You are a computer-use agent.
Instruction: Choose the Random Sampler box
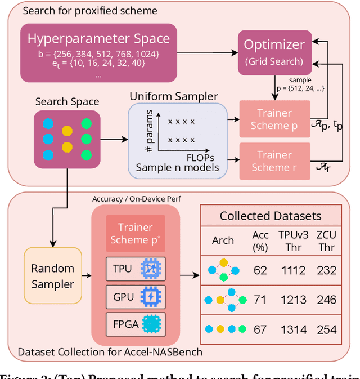point(52,276)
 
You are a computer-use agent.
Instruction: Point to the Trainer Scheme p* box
point(135,233)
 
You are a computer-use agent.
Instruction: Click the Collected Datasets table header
point(271,216)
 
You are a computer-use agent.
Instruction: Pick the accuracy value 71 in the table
point(260,300)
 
